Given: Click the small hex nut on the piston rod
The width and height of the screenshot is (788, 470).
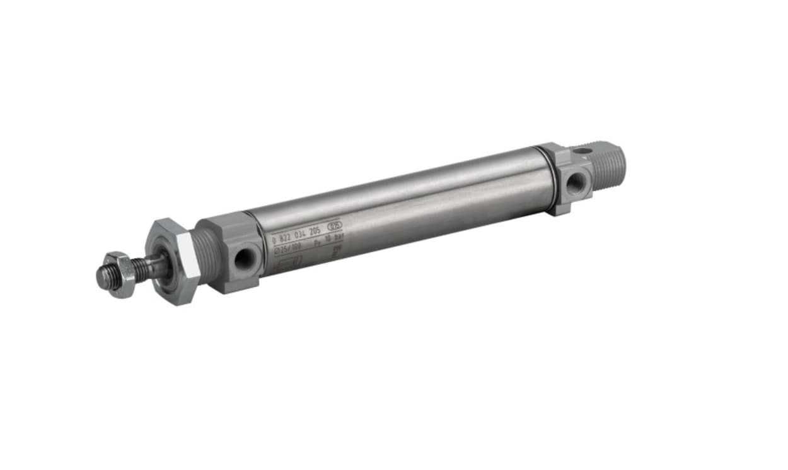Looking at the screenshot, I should (122, 274).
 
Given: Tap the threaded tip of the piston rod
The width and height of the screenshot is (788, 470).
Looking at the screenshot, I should (105, 276).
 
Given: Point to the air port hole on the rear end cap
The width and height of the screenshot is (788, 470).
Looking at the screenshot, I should (576, 183).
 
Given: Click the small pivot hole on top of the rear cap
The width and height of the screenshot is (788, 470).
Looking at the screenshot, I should (584, 151).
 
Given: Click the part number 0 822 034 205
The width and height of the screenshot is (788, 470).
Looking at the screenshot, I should (296, 235).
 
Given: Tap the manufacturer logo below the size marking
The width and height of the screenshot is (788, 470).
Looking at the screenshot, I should (290, 261).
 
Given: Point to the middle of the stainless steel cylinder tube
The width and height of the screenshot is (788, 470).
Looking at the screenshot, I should (403, 208).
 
